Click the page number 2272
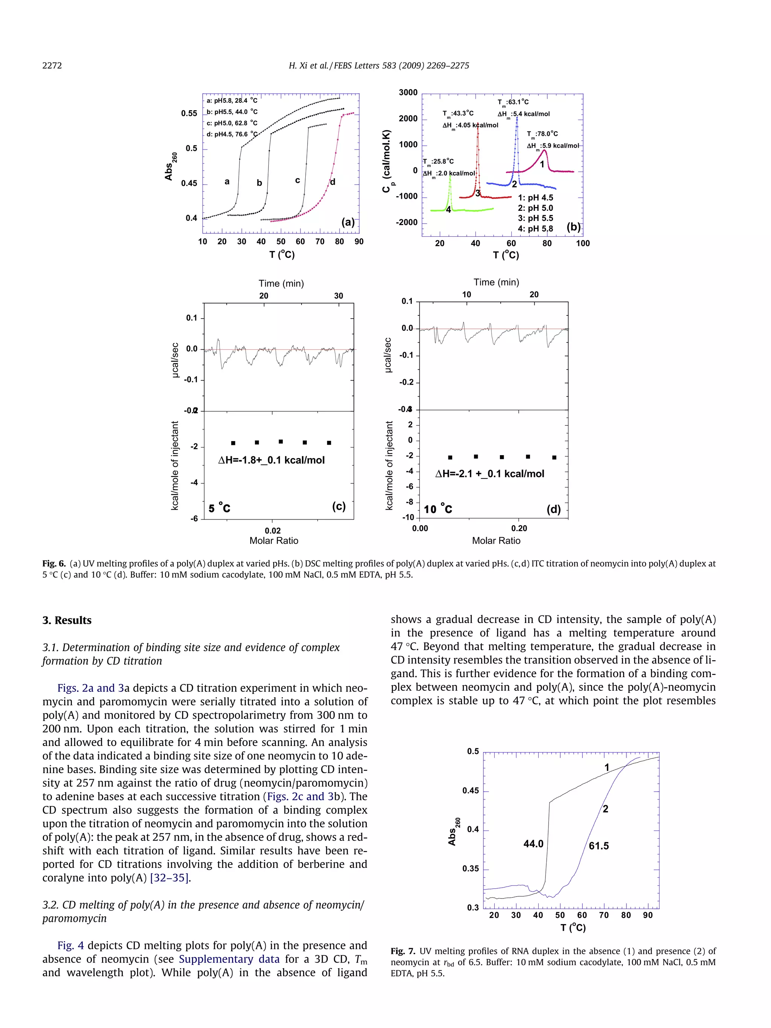click(x=52, y=65)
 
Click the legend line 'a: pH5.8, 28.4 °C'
click(x=232, y=101)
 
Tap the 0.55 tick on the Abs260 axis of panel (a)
click(x=189, y=113)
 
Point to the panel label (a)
click(x=347, y=222)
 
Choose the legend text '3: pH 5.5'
click(x=535, y=218)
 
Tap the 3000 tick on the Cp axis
click(x=408, y=93)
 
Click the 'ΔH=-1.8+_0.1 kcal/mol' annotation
click(x=271, y=460)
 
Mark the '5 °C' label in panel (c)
click(x=219, y=508)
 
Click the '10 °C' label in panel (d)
click(x=438, y=509)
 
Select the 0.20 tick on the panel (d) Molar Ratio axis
click(x=519, y=528)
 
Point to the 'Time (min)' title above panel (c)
click(x=281, y=283)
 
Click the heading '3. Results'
click(x=67, y=620)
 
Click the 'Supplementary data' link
click(x=229, y=959)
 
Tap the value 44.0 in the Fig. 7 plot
click(x=533, y=844)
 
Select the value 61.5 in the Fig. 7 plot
click(x=599, y=846)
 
